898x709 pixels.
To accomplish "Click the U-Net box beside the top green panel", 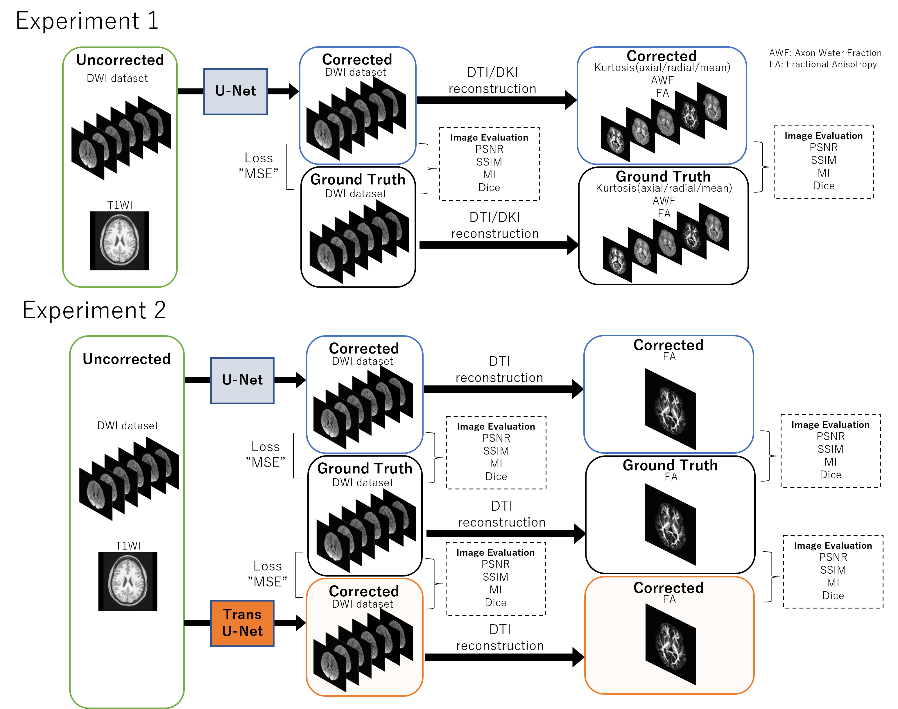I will pos(235,91).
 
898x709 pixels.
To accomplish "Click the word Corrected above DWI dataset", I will pos(364,591).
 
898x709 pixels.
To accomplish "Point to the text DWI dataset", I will pos(363,604).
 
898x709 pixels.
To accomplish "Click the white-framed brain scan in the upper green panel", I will pos(120,241).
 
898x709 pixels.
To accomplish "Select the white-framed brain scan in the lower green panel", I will pos(128,581).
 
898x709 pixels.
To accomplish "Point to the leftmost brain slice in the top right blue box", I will pos(615,140).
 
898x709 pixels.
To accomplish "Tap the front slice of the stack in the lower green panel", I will pos(96,494).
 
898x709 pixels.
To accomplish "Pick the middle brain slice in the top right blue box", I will pos(665,123).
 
